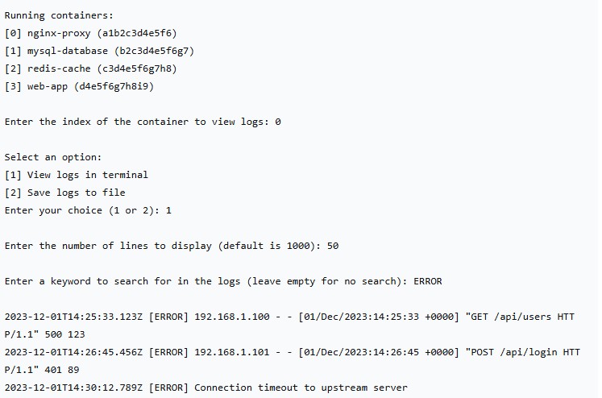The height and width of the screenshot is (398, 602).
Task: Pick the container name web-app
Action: pyautogui.click(x=47, y=86)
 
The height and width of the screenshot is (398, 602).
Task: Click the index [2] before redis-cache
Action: pyautogui.click(x=13, y=68)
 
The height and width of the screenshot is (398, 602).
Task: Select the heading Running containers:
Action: pyautogui.click(x=59, y=15)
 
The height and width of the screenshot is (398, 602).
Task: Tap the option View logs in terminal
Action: pyautogui.click(x=88, y=175)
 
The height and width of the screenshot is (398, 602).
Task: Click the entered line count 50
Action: pyautogui.click(x=333, y=246)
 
